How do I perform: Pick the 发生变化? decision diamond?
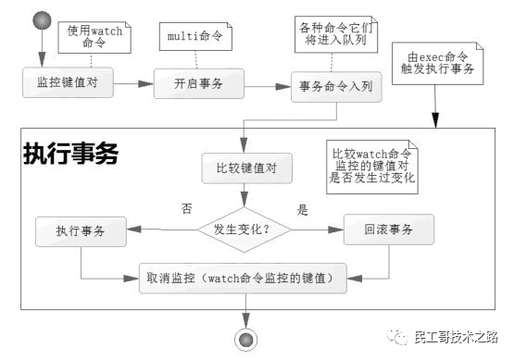tap(242, 228)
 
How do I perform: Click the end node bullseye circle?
tap(245, 340)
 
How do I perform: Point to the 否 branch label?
tap(186, 210)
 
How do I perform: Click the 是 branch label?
tap(302, 210)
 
